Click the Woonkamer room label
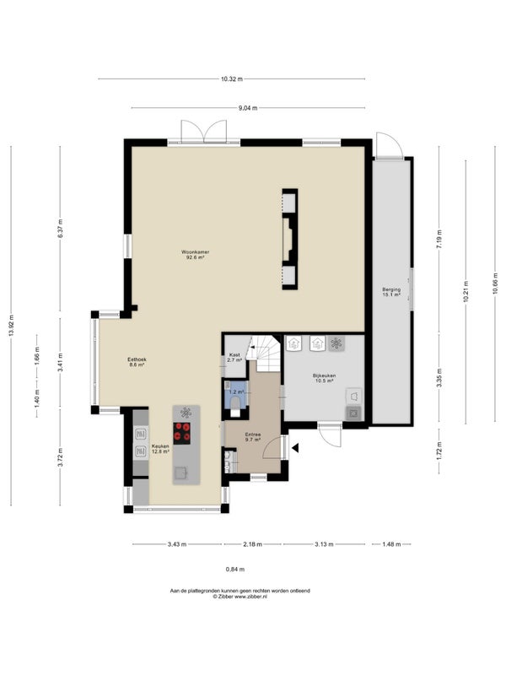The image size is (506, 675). coord(196,255)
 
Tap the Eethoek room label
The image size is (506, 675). coord(137,362)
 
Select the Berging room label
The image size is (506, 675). coord(391,292)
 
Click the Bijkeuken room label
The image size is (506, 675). coord(325,378)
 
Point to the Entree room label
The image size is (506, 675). coord(253,437)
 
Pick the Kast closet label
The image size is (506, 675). coord(234,357)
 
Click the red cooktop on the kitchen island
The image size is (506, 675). coord(182,433)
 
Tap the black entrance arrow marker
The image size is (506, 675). coord(295,448)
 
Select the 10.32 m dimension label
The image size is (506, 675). coord(232,78)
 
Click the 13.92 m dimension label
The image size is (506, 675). coord(11,326)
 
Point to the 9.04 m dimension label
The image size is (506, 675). coord(248,108)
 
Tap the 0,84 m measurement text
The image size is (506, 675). coord(235,569)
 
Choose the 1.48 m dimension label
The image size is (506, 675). coord(391,544)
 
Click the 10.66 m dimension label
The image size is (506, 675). coord(495,283)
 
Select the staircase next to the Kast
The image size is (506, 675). coord(265,354)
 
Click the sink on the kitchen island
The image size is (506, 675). coord(180,472)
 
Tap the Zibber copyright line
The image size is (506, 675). coord(240,597)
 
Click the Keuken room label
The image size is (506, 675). coord(160,449)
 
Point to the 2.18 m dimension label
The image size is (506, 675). coord(252,544)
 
